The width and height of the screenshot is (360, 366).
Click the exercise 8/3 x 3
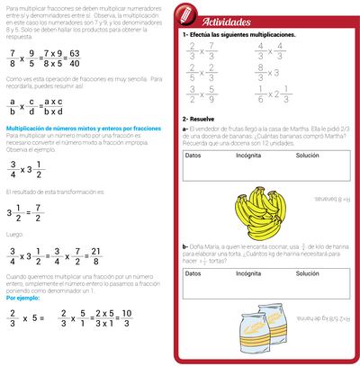(x=265, y=71)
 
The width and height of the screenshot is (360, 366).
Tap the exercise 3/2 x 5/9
(x=204, y=94)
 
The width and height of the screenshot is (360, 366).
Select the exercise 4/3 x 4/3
(x=266, y=49)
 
